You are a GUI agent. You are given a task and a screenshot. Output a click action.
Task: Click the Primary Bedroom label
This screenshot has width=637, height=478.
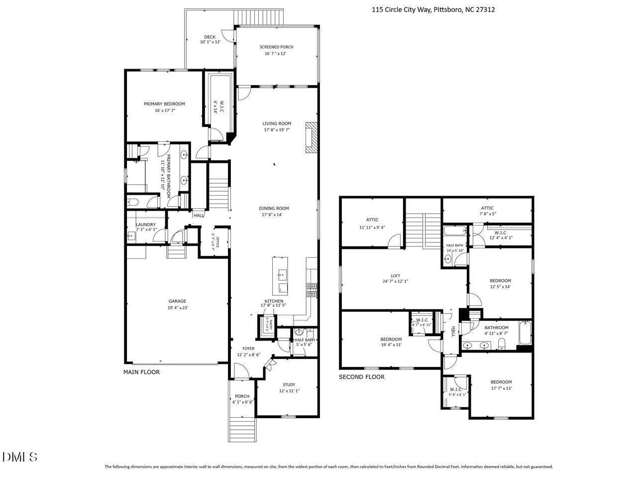point(164,104)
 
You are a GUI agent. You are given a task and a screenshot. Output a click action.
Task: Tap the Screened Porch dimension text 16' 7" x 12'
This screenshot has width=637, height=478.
point(273,53)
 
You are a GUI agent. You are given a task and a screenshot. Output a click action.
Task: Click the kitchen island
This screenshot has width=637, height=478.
point(281,275)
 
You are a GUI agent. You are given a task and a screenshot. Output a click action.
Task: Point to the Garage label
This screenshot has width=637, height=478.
point(177,301)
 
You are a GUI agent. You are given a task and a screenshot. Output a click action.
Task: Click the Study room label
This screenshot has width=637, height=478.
point(289,384)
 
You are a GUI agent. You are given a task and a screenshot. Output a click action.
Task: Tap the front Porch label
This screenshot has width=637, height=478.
point(242,396)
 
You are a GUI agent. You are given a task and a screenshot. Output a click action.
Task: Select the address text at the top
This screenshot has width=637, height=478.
point(433,9)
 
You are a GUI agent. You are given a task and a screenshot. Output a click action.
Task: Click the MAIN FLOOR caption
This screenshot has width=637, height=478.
point(141,372)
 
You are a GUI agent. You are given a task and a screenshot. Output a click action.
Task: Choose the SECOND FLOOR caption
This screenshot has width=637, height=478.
point(361,377)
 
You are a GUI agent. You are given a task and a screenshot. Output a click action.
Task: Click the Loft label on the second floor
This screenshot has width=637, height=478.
point(395,276)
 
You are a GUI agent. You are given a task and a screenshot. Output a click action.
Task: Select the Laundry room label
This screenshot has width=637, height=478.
point(146,225)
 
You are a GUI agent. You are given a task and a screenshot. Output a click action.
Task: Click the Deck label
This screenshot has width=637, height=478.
point(210,37)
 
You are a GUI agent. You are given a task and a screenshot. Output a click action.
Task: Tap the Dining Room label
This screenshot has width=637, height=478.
point(273,209)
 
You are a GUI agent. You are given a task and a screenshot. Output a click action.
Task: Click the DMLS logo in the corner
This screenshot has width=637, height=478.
point(19,457)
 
